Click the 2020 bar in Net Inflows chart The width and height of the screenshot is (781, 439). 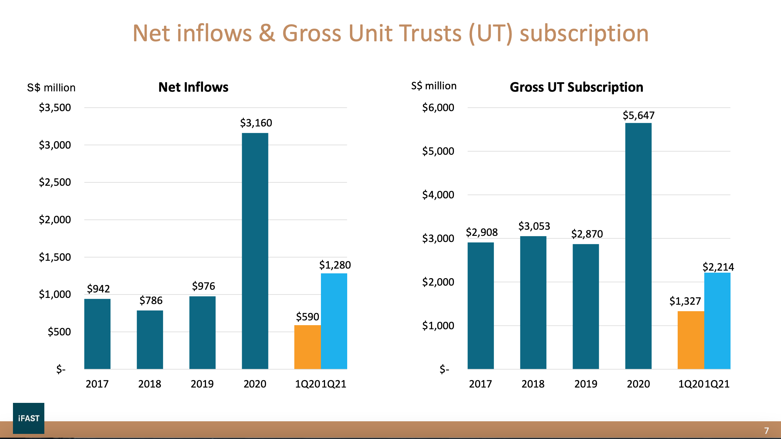pyautogui.click(x=255, y=251)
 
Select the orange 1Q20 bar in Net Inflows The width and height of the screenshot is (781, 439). pyautogui.click(x=307, y=347)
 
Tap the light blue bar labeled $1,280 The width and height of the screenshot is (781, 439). pyautogui.click(x=334, y=321)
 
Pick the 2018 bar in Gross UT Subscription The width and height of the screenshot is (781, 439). pyautogui.click(x=533, y=302)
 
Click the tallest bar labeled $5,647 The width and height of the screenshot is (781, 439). pyautogui.click(x=638, y=245)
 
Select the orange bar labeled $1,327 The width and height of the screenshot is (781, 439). pyautogui.click(x=691, y=340)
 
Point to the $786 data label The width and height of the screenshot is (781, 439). pyautogui.click(x=151, y=300)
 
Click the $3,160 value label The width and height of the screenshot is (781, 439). pyautogui.click(x=256, y=123)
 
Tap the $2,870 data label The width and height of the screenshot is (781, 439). pyautogui.click(x=587, y=234)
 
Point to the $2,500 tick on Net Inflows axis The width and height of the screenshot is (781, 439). pyautogui.click(x=55, y=182)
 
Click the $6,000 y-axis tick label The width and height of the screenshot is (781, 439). pyautogui.click(x=438, y=107)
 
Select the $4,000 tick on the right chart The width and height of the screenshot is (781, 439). pyautogui.click(x=438, y=195)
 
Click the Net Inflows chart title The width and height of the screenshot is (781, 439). pyautogui.click(x=193, y=87)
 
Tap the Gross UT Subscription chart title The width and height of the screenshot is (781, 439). pyautogui.click(x=576, y=87)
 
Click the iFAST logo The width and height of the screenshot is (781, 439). pyautogui.click(x=29, y=418)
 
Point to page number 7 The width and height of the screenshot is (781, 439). pyautogui.click(x=766, y=430)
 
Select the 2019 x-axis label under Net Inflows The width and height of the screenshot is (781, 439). pyautogui.click(x=202, y=384)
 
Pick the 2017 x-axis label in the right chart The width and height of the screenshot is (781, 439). pyautogui.click(x=480, y=384)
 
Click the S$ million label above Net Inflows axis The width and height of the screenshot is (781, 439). pyautogui.click(x=51, y=88)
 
